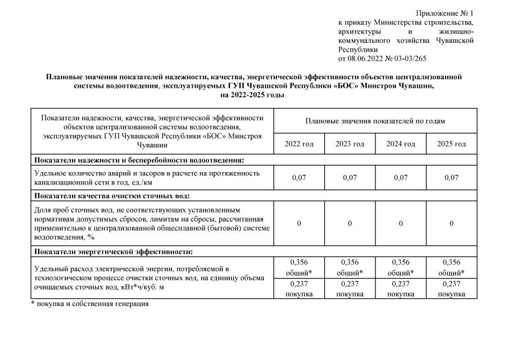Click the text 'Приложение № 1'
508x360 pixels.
(x=444, y=13)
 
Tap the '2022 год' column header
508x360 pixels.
(x=299, y=144)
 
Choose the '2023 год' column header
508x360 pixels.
(x=350, y=144)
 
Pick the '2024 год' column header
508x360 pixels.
(x=401, y=144)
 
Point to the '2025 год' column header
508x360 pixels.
(x=451, y=144)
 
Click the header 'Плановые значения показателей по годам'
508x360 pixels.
(x=375, y=120)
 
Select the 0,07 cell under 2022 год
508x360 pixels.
(x=299, y=178)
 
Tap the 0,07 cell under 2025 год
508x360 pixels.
(x=451, y=178)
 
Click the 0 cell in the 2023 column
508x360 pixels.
(x=350, y=223)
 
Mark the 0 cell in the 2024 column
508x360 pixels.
(x=401, y=223)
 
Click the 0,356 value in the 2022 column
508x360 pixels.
(x=299, y=262)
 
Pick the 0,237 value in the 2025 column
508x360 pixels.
(x=451, y=284)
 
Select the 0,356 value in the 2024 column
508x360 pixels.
(x=401, y=262)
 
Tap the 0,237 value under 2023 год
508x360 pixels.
(x=350, y=284)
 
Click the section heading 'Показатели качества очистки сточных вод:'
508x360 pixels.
(x=111, y=196)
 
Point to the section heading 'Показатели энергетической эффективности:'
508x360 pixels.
(x=114, y=251)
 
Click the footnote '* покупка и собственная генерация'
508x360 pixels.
(x=89, y=304)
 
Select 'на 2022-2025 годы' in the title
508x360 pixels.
(x=253, y=95)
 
